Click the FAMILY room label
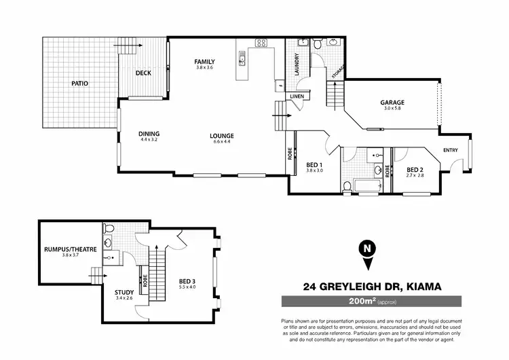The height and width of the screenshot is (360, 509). pos(204,61)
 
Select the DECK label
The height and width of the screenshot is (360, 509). pos(143,73)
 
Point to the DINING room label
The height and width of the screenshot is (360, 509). pos(149,133)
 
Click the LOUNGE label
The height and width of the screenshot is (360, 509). pos(222,135)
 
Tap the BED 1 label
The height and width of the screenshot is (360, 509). pos(314,164)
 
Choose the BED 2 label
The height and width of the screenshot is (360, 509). pos(415,169)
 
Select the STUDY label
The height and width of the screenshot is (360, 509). pos(124,292)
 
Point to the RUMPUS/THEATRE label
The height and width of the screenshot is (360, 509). pos(71,249)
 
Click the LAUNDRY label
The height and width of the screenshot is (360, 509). pos(297,65)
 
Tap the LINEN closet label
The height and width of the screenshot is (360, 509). pos(297,96)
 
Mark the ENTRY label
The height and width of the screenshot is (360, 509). pos(451,150)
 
